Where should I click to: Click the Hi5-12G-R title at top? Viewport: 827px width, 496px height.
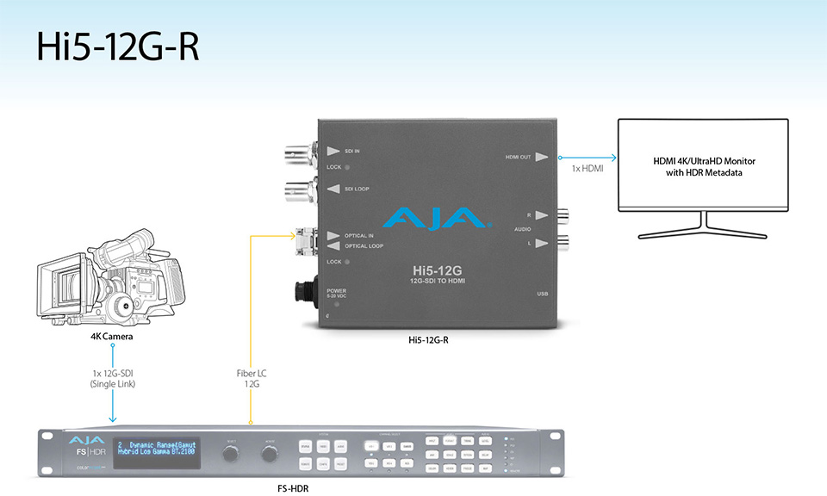[118, 47]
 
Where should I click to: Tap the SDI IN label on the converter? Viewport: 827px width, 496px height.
[352, 151]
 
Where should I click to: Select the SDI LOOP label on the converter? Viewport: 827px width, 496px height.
[358, 188]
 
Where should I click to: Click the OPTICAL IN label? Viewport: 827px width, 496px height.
[359, 235]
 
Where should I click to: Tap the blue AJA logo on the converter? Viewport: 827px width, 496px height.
[438, 219]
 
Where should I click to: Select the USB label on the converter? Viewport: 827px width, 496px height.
[542, 294]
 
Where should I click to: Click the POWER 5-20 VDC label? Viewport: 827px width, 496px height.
[336, 294]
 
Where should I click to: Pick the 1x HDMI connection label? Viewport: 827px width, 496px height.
[588, 169]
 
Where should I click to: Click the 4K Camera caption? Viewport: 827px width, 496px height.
[113, 337]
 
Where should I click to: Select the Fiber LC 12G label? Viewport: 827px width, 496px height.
[251, 379]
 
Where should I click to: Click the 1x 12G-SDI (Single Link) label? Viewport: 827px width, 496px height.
[113, 379]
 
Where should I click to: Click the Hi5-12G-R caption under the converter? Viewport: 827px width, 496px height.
[429, 340]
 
